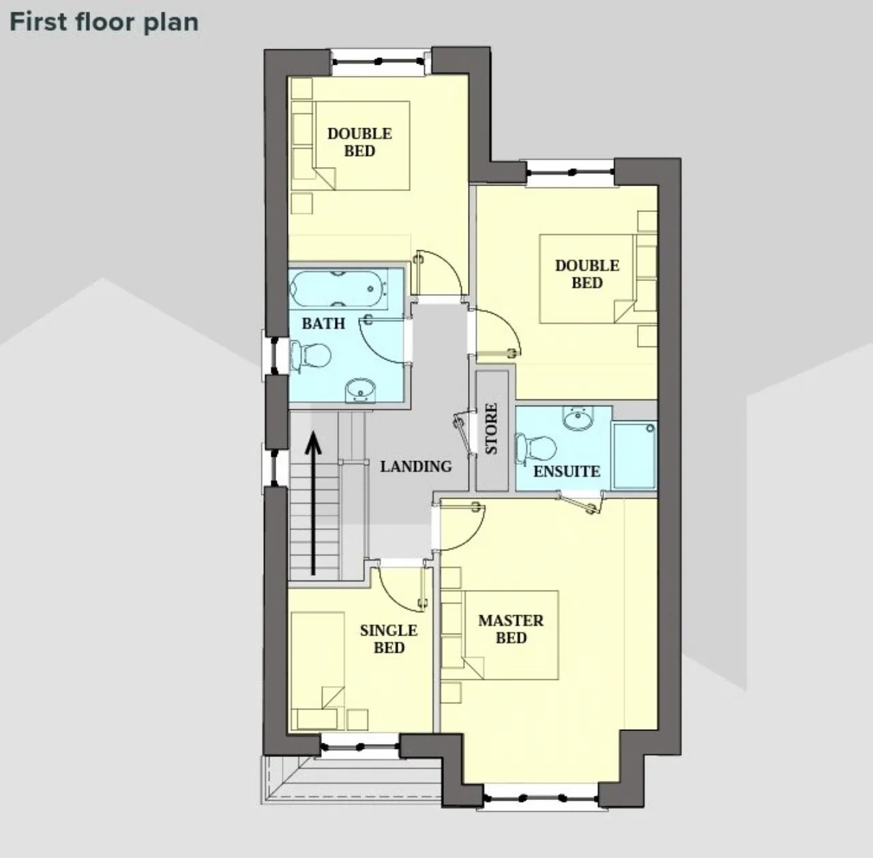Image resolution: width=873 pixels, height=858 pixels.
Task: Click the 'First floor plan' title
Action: [104, 23]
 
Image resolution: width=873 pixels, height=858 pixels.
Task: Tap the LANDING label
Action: [416, 467]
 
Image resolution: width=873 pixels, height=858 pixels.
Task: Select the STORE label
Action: [492, 428]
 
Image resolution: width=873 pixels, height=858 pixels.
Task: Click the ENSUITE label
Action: [567, 471]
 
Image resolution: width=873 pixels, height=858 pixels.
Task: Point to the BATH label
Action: [323, 323]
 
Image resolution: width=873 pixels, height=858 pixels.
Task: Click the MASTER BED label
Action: [511, 629]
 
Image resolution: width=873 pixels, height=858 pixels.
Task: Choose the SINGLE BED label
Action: [389, 639]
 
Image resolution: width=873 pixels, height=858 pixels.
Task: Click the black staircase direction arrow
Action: [313, 503]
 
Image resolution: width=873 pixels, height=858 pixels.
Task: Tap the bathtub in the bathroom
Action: [339, 289]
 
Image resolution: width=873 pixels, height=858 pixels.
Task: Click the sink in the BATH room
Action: [360, 391]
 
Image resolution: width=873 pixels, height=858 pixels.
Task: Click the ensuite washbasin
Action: [578, 418]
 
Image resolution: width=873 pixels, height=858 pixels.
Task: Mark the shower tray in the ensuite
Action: [634, 456]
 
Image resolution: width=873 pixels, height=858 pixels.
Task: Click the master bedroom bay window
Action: [542, 799]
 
